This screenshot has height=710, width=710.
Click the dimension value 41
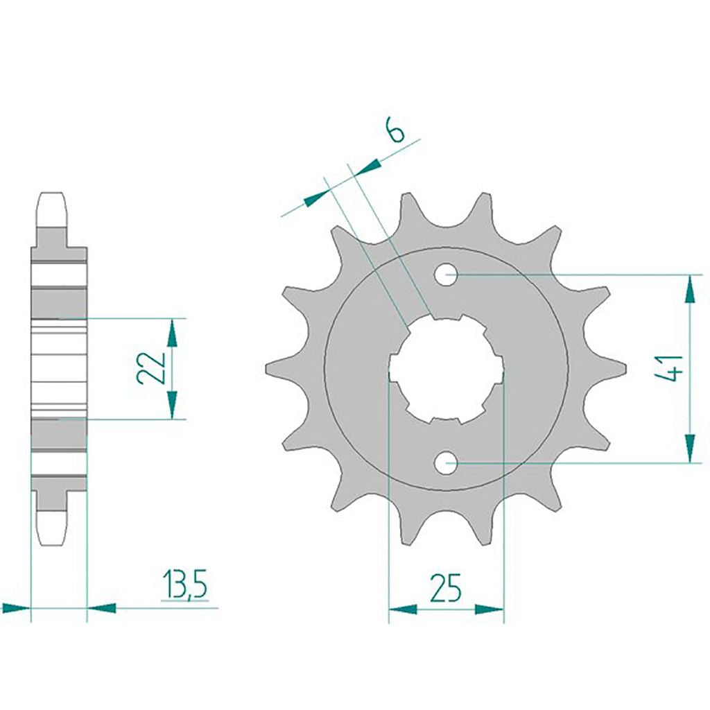point(673,368)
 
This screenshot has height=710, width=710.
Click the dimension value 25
point(446,588)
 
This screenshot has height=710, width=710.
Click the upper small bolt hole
point(446,275)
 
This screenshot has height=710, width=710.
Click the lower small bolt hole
point(446,462)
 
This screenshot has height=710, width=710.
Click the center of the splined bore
point(446,369)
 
